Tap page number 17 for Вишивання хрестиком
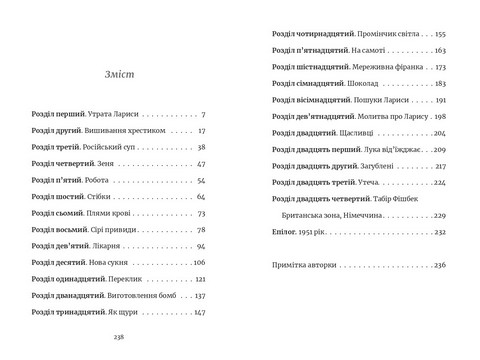pyautogui.click(x=201, y=131)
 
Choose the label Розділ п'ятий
pyautogui.click(x=58, y=181)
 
